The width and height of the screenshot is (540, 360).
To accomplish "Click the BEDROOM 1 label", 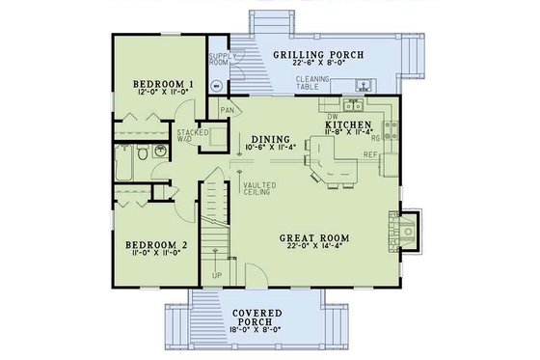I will [162, 84].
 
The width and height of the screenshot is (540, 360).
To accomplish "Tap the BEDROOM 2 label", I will [160, 246].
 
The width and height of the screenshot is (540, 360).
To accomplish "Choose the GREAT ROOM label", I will [313, 236].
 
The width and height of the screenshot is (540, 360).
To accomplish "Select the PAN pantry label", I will [228, 111].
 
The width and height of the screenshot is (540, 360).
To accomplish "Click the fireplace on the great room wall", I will [406, 231].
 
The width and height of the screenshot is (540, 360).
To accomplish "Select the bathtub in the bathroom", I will [122, 161].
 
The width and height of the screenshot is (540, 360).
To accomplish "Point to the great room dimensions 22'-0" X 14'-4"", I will [313, 247].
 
